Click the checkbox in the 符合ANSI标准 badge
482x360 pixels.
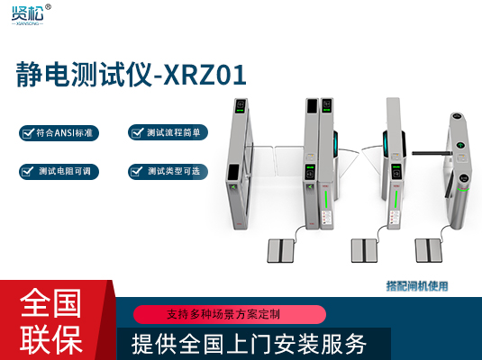27,133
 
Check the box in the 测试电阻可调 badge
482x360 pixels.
27,169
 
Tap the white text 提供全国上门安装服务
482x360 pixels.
249,344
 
